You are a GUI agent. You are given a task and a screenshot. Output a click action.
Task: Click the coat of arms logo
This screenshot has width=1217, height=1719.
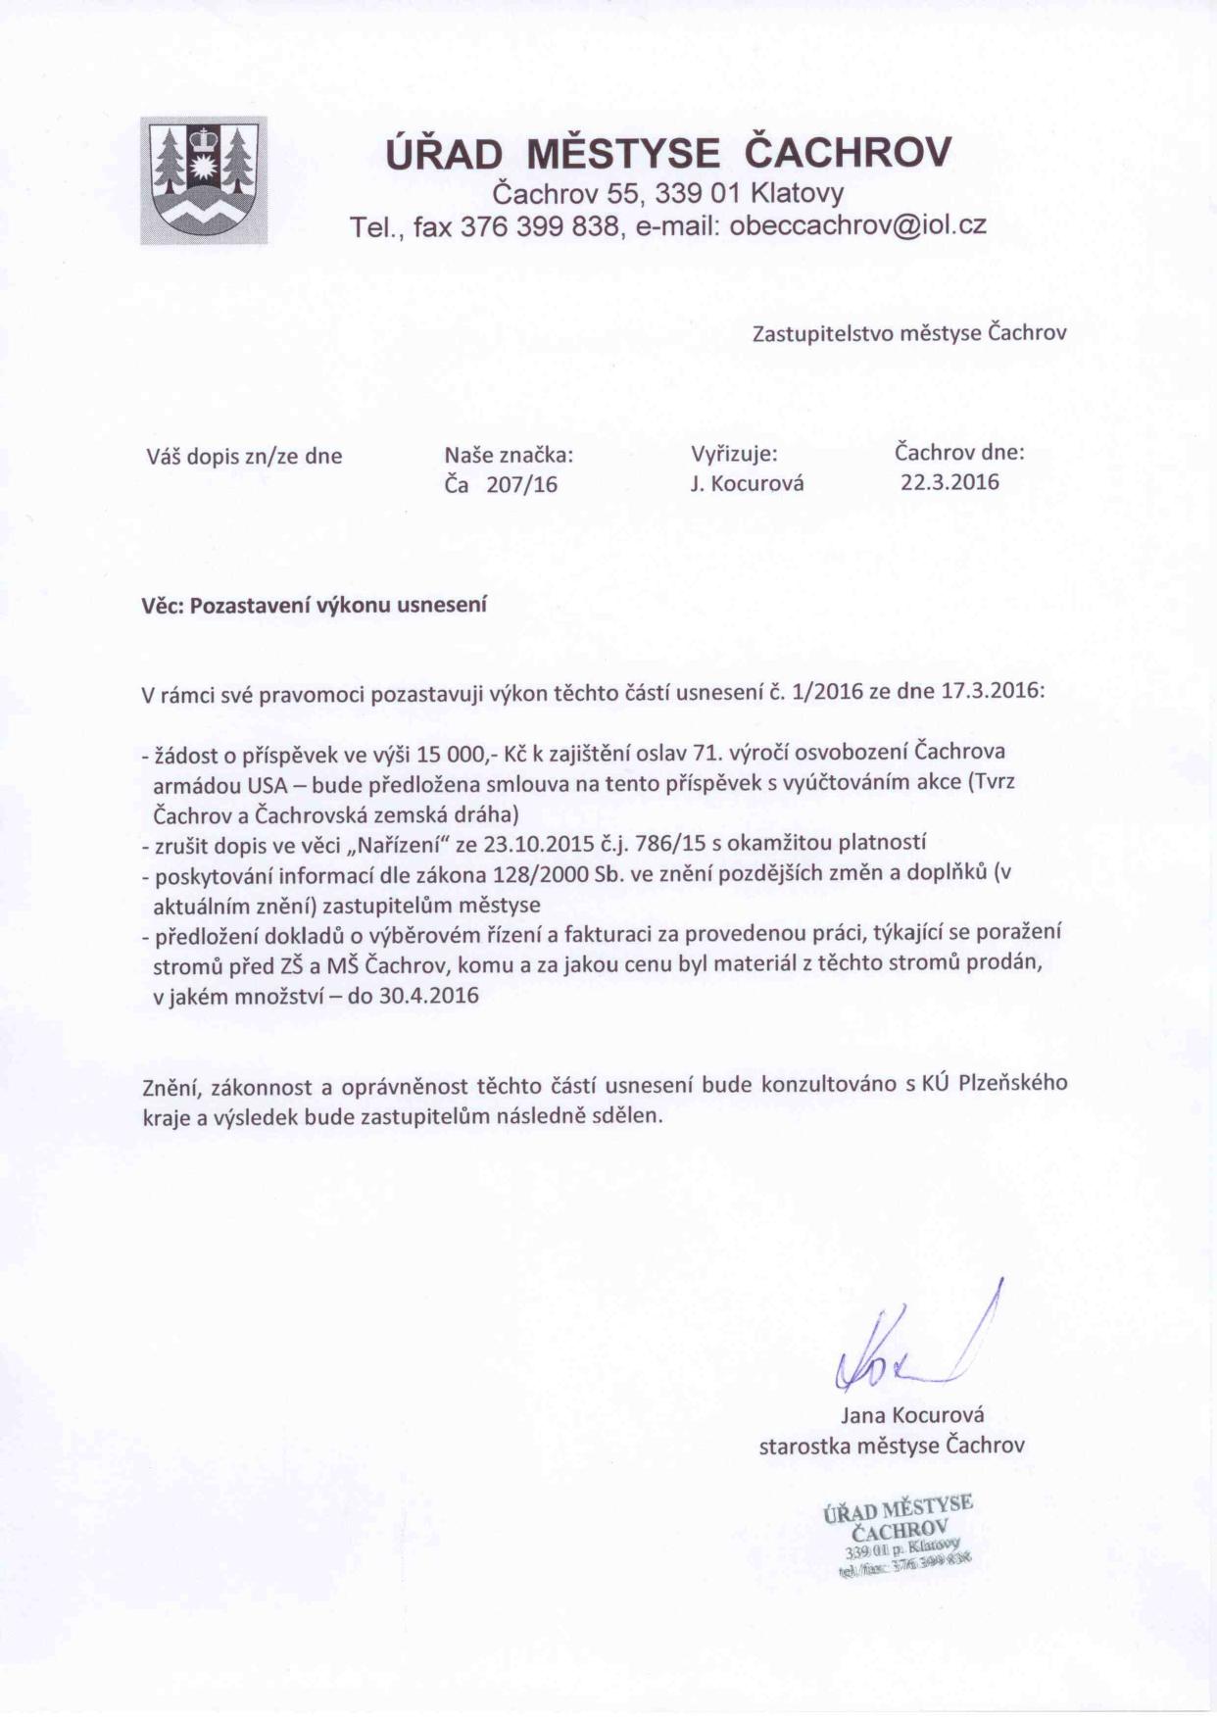(204, 180)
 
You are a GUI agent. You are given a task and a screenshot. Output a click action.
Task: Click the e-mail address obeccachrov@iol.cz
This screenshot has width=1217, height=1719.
(858, 226)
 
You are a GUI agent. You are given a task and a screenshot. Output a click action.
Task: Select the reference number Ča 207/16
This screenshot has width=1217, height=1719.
(501, 484)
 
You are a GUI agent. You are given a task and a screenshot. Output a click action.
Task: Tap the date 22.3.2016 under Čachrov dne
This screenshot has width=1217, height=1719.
(949, 482)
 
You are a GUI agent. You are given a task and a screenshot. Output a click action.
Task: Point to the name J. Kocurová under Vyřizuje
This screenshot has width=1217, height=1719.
(747, 484)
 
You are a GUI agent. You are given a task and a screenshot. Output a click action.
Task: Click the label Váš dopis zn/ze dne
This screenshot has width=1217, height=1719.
(244, 456)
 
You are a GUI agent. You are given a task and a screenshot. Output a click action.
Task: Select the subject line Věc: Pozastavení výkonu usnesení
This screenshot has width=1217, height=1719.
(315, 605)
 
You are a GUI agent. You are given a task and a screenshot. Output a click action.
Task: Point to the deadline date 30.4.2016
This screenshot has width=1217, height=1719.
(428, 997)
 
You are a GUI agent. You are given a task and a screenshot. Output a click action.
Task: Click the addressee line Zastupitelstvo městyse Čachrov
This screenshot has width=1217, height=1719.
(908, 333)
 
